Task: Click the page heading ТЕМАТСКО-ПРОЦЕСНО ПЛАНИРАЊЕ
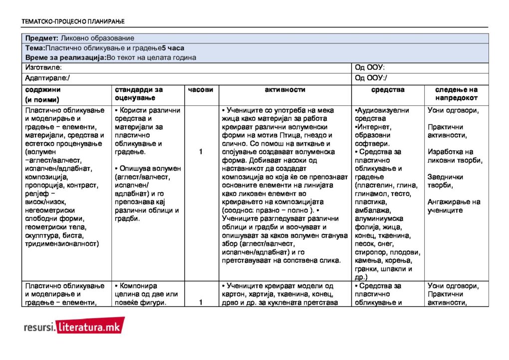point(73,21)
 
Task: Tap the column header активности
point(285,90)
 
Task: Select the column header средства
point(388,90)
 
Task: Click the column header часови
point(201,90)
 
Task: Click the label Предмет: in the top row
point(42,38)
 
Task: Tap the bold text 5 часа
point(173,48)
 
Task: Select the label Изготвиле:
point(43,67)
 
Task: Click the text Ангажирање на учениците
point(454,206)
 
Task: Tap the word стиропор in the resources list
point(372,253)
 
